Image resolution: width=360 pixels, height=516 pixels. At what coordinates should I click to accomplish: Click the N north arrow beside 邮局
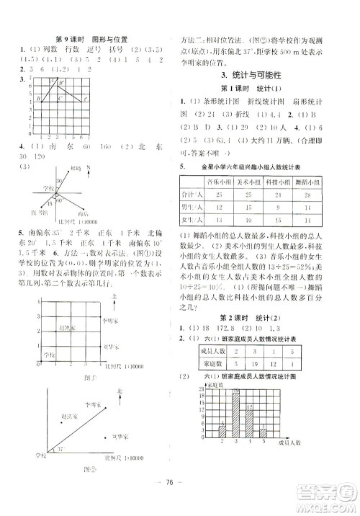click(x=88, y=172)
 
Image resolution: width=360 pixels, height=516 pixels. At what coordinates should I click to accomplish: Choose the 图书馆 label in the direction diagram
click(x=30, y=213)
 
